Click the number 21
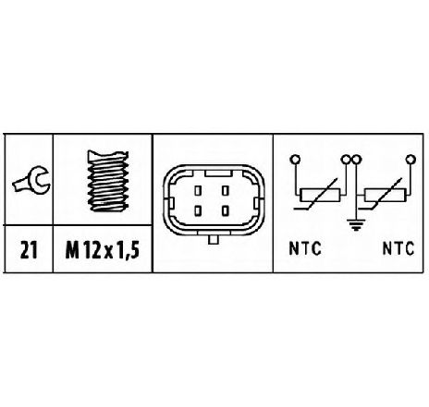click(x=29, y=250)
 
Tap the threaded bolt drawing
click(x=108, y=181)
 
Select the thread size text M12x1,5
click(x=103, y=250)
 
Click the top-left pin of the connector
click(x=198, y=190)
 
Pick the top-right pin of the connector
click(x=226, y=190)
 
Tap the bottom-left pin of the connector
click(x=198, y=210)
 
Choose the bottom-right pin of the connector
click(x=226, y=210)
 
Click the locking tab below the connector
click(x=213, y=239)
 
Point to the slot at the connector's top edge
click(x=218, y=174)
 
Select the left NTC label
click(x=305, y=248)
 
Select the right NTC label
click(x=398, y=248)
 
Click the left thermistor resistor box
click(x=320, y=195)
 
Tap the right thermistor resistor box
click(x=386, y=195)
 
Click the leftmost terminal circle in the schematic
click(x=295, y=160)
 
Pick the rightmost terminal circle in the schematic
click(x=411, y=160)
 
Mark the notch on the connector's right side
click(x=256, y=203)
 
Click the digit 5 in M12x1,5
click(x=134, y=250)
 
